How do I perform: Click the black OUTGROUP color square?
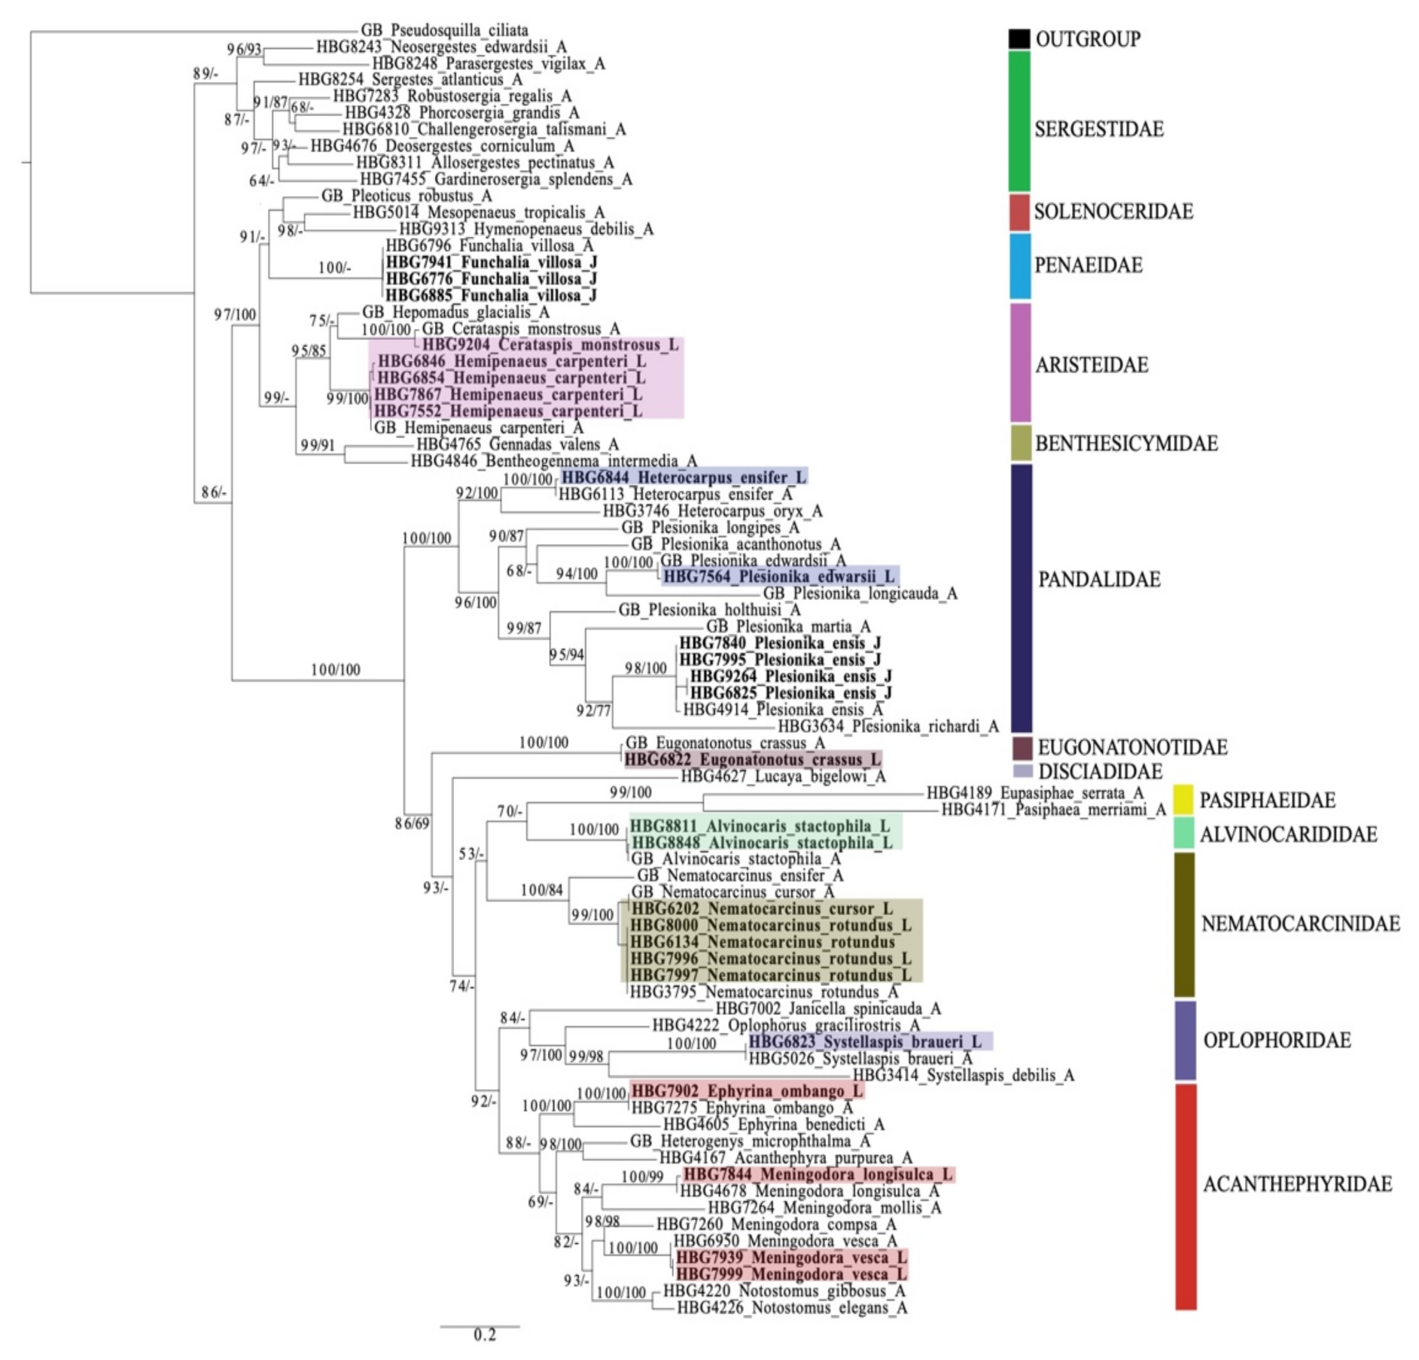(1019, 39)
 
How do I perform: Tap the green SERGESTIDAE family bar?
(1019, 121)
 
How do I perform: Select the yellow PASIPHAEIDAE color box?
(1183, 799)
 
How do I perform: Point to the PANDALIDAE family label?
(1099, 579)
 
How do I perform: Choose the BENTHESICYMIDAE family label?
(1126, 443)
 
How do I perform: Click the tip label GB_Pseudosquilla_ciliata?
(445, 31)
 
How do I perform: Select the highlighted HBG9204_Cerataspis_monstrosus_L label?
(550, 345)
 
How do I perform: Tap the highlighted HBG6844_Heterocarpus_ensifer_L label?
(684, 478)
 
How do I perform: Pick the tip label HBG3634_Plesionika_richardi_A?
(888, 726)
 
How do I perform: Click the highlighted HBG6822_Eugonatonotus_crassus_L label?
(753, 760)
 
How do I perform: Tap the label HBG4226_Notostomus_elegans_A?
(791, 1308)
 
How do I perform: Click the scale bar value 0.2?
(484, 1334)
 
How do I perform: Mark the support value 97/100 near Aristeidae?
(235, 315)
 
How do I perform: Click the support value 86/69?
(412, 823)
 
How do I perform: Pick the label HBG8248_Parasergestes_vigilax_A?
(489, 64)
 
